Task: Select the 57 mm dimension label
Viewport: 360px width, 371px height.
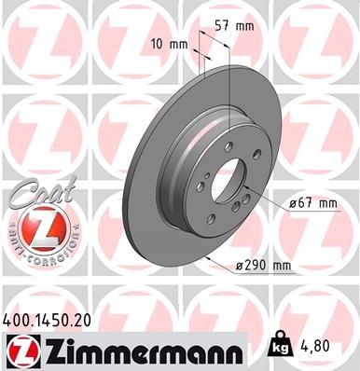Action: (x=229, y=27)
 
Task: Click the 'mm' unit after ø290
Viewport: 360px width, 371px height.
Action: (x=281, y=266)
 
